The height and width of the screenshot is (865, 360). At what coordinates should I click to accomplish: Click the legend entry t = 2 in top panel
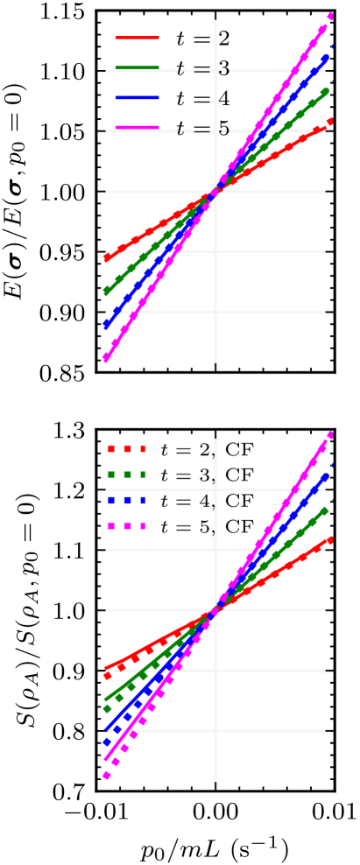coord(171,39)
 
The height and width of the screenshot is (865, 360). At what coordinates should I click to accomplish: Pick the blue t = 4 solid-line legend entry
coord(171,99)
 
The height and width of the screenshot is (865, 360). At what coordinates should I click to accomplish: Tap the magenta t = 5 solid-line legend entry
coord(171,129)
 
